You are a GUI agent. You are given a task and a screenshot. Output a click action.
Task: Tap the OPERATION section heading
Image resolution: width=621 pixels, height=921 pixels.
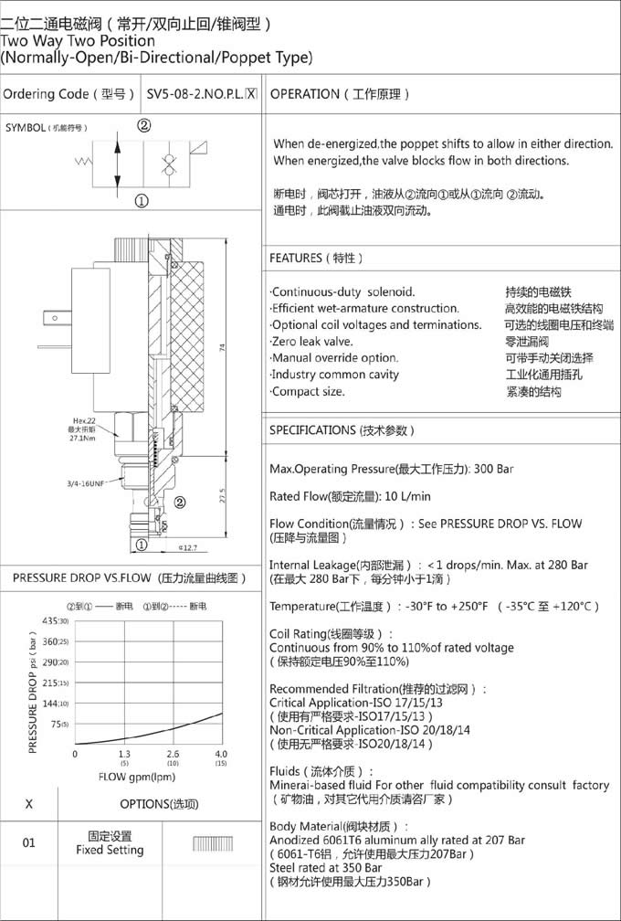(x=341, y=94)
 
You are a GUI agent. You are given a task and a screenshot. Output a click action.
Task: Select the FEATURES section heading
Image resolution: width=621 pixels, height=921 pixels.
(x=316, y=259)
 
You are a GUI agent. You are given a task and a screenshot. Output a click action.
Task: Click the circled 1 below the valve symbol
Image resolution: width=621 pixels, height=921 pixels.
(x=142, y=202)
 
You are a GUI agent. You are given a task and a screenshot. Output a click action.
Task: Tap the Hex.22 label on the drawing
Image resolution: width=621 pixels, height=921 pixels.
(x=85, y=420)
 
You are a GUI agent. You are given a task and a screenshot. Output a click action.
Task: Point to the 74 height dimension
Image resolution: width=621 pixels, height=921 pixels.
(x=223, y=349)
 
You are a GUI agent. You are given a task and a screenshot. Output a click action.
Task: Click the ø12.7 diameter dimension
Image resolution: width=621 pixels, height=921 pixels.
(x=186, y=548)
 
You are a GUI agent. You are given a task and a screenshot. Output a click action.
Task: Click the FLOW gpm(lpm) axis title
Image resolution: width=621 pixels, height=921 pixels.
(x=136, y=776)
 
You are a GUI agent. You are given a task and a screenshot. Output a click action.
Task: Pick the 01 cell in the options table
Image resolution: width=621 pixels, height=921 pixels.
(x=29, y=842)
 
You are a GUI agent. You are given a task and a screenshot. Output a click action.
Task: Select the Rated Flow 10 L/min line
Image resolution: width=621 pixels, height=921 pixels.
(x=350, y=496)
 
